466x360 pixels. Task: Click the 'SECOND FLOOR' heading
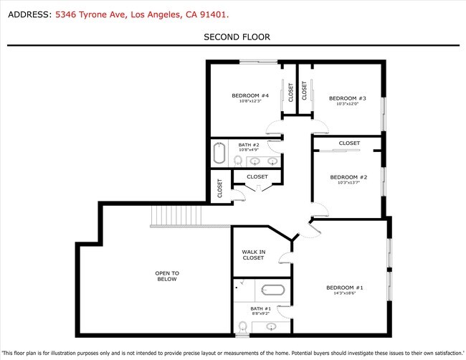click(x=237, y=37)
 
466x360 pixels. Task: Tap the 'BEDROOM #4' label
click(x=249, y=96)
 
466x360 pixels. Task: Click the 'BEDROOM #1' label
click(x=345, y=288)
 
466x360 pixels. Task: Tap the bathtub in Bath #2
click(x=219, y=153)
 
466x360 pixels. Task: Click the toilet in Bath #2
click(x=238, y=161)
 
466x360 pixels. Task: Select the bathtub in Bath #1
click(x=272, y=290)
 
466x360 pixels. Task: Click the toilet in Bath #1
click(x=242, y=326)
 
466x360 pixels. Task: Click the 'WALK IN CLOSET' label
click(x=253, y=255)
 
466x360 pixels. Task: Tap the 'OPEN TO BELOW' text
click(x=166, y=276)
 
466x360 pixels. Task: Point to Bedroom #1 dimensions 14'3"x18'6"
click(x=345, y=293)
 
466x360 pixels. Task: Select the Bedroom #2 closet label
click(x=349, y=143)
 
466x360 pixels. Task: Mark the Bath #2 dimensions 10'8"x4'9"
click(x=249, y=150)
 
